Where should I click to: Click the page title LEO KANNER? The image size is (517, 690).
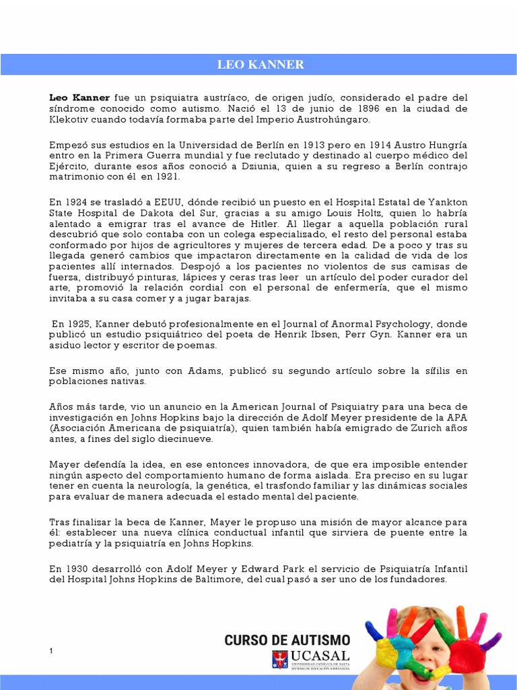(260, 65)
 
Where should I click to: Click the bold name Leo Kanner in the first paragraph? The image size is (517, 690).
(79, 98)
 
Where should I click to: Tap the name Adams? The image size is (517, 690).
(209, 371)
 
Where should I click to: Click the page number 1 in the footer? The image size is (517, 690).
(51, 650)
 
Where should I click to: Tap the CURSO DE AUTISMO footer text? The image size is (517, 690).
(287, 640)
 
